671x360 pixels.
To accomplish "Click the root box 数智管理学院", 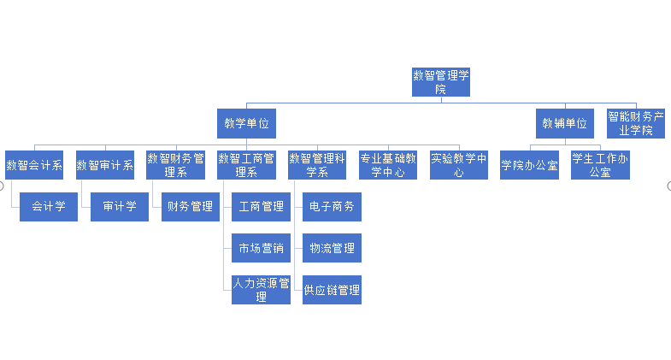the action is coord(441,82).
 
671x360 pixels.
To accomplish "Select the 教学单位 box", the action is coord(246,123).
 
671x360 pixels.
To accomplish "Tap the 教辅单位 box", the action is coord(565,123).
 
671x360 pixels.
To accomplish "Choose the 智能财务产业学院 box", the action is coord(636,123).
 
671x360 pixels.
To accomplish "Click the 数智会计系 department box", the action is coord(34,165).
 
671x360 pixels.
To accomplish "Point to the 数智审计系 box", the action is coord(105,165).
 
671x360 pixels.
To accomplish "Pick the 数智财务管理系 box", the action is coord(175,165).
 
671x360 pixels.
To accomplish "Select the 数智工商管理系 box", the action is coord(246,165).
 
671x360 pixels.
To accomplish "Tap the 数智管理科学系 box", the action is coord(317,165).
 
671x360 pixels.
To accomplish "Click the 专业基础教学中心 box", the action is coord(388,165).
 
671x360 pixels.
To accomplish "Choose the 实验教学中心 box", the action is coord(459,165).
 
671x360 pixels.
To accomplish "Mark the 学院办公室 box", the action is coord(529,165).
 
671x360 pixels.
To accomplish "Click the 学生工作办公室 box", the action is coord(600,165).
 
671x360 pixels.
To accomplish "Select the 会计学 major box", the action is coord(49,207).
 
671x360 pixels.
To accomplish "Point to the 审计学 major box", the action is coord(120,207).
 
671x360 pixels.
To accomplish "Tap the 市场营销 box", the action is coord(261,248).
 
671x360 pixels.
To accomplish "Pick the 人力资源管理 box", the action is coord(261,290).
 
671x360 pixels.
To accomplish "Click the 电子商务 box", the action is coord(332,207).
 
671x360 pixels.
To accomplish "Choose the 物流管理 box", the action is coord(332,248).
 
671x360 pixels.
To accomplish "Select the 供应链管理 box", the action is coord(332,290).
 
